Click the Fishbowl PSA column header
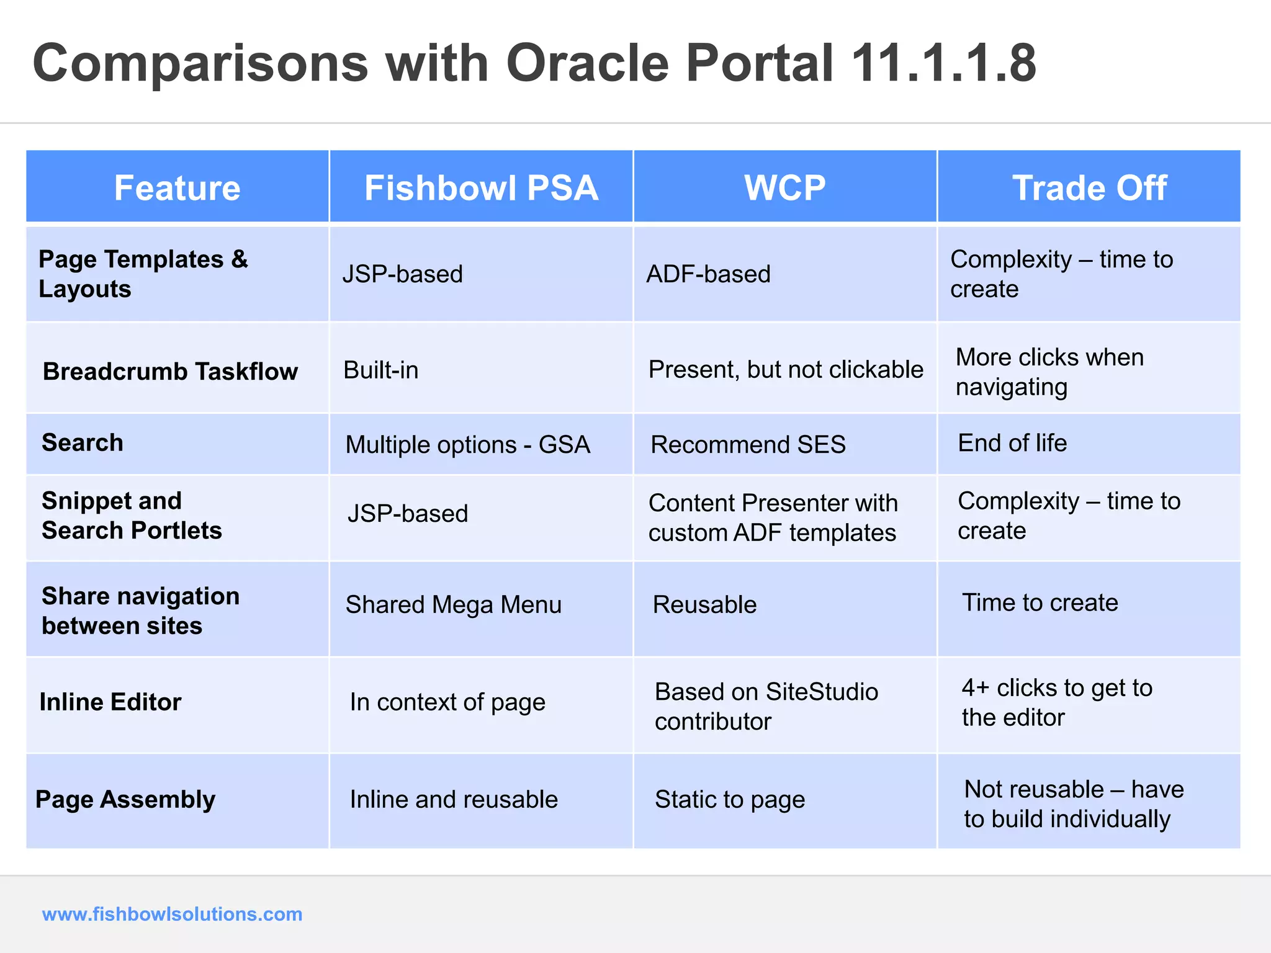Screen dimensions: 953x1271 pos(481,188)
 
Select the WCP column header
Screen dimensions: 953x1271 pos(784,188)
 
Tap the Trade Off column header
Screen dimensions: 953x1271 pos(1089,188)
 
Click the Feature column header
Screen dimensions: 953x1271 pos(177,188)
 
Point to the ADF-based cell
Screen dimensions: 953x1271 pos(708,274)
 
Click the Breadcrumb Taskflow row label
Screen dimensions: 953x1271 pos(170,371)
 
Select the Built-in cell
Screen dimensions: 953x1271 pos(380,370)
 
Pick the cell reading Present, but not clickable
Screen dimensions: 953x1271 pos(785,370)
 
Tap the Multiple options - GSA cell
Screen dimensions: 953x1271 pos(467,445)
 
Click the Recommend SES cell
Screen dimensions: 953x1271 pos(748,445)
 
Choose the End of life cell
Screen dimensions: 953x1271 pos(1012,443)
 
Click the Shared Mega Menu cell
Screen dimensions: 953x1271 pos(453,605)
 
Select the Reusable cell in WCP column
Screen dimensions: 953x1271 pos(704,605)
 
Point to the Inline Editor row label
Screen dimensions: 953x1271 pos(110,702)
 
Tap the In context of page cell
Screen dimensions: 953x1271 pos(447,702)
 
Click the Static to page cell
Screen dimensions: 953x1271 pos(729,800)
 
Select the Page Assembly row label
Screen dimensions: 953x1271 pos(125,800)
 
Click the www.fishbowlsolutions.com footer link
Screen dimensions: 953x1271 pos(172,914)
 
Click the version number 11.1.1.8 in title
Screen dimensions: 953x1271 pos(943,63)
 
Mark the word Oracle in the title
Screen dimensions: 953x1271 pos(587,63)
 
